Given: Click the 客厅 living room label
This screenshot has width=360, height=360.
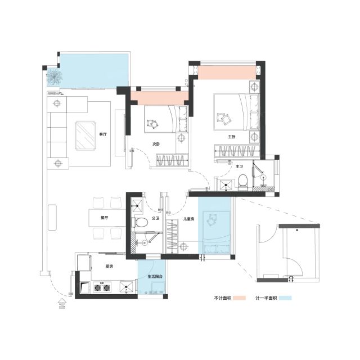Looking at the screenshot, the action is [x=103, y=134].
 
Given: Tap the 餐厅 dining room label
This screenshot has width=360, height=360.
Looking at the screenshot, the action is [x=105, y=218].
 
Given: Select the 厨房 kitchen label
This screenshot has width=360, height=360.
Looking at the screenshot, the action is [x=109, y=266].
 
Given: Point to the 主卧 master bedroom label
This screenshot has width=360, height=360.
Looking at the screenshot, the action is [x=232, y=137].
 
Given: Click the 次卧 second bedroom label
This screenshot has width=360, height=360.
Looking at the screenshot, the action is [x=156, y=144].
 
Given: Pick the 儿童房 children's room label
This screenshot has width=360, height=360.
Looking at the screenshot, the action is [x=189, y=219].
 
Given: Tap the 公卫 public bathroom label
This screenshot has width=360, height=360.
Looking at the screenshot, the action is [x=155, y=218].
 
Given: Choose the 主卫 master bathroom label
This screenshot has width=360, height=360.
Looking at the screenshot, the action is [x=240, y=166].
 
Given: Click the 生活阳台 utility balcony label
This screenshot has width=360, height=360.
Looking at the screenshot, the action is [x=155, y=276].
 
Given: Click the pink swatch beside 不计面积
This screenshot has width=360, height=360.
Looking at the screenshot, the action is [x=239, y=298].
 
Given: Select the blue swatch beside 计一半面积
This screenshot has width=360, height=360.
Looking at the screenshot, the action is [x=285, y=298].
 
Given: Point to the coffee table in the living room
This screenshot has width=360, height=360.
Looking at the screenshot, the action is [x=86, y=136].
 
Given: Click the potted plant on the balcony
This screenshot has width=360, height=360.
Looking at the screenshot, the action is [x=55, y=77].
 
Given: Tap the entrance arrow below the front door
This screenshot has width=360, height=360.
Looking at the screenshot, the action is [x=62, y=304].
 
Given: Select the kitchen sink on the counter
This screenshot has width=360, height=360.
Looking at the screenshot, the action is [x=126, y=287].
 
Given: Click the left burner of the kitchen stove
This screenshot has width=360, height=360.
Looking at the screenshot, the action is [x=97, y=287].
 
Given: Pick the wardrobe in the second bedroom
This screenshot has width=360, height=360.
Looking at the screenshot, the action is [x=172, y=160].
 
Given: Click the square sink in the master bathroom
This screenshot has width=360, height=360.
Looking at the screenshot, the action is [x=226, y=184].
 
